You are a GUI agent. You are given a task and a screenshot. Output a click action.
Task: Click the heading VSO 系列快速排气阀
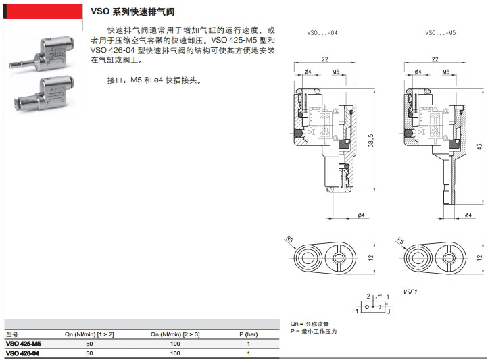[132, 11]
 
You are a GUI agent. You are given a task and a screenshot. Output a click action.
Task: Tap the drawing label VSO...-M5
[440, 32]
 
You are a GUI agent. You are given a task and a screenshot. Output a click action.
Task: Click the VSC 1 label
[410, 292]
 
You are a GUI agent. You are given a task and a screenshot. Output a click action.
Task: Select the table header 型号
[11, 334]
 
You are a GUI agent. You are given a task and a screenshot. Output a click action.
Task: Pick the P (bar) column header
[248, 334]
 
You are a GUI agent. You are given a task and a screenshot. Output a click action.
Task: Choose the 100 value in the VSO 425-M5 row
[175, 344]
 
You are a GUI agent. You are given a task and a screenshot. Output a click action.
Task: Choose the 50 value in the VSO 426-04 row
[89, 353]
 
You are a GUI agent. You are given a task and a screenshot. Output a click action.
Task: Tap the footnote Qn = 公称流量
[309, 324]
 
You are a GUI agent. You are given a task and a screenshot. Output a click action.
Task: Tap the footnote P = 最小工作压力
[313, 332]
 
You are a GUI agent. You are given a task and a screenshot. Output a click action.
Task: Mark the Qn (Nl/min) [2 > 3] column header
[175, 334]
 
